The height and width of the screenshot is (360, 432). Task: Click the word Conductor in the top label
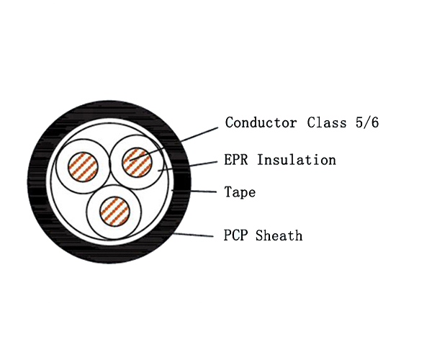click(261, 122)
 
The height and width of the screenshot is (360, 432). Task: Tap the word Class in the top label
click(325, 122)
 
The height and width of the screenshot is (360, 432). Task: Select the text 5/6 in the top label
click(367, 122)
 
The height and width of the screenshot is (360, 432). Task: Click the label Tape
click(240, 192)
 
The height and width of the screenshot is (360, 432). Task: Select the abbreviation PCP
click(237, 235)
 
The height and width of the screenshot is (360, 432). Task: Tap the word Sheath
click(279, 235)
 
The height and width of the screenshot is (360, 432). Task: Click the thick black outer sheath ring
click(43, 180)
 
